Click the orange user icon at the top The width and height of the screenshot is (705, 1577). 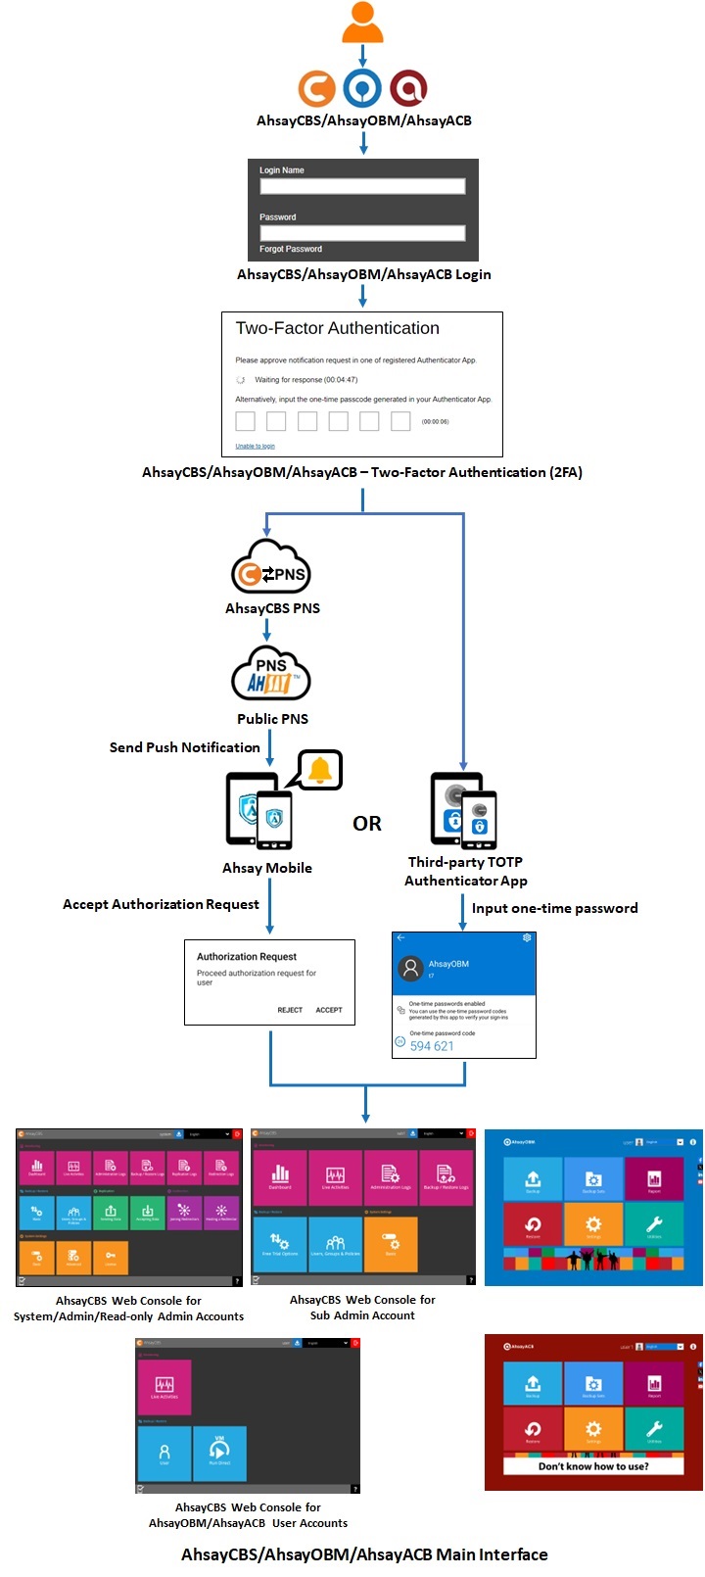(x=362, y=22)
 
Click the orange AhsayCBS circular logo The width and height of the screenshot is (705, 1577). (x=316, y=88)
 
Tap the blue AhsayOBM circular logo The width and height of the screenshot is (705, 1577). (x=362, y=88)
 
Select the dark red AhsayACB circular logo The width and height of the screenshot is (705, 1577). (x=408, y=88)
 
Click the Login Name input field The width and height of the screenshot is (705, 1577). (x=362, y=186)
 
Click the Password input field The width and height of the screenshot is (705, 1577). (x=362, y=233)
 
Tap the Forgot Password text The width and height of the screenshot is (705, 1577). (x=291, y=249)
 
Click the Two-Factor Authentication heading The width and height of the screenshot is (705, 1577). (x=338, y=328)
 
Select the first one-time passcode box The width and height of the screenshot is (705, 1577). (x=246, y=421)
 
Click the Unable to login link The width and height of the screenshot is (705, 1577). (x=255, y=446)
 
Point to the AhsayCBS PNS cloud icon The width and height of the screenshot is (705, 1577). (x=271, y=567)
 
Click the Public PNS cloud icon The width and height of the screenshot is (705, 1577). (x=271, y=675)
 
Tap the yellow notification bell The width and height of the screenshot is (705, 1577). (x=320, y=771)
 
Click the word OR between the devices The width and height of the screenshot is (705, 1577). (x=367, y=824)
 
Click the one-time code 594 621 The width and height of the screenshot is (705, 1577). (x=432, y=1046)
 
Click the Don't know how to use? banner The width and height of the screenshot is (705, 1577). (x=593, y=1466)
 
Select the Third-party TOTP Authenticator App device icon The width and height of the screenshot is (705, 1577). (x=464, y=811)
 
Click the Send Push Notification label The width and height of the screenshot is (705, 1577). (x=185, y=747)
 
